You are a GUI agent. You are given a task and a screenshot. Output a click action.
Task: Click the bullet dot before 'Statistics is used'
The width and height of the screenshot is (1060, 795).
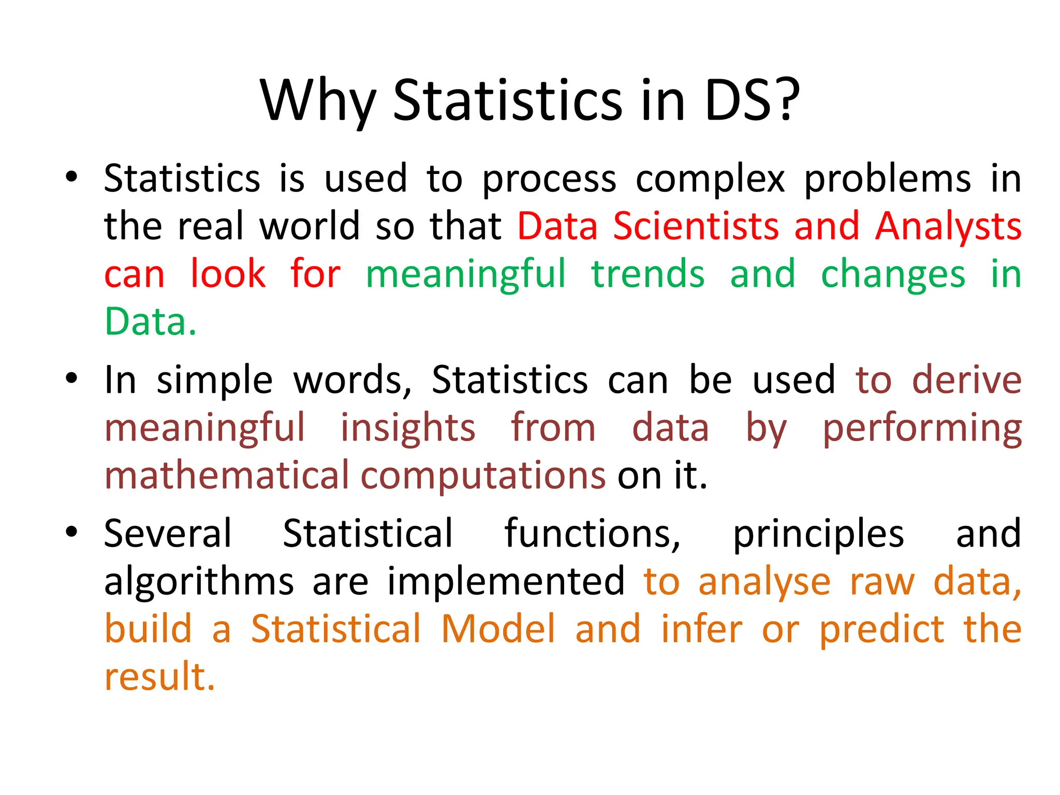71,177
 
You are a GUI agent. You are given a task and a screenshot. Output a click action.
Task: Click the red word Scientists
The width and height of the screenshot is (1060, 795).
696,226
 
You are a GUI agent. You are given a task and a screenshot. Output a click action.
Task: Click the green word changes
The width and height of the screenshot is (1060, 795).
893,275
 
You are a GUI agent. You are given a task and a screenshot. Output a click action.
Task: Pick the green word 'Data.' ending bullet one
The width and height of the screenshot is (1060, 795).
151,321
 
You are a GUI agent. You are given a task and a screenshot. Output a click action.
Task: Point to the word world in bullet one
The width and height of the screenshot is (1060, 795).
310,226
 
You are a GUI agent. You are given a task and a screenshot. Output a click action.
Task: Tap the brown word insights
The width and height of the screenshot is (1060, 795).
408,428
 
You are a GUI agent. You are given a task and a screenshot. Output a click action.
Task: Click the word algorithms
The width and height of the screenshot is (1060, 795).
199,582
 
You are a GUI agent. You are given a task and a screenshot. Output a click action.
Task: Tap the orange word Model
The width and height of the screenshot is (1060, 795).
498,629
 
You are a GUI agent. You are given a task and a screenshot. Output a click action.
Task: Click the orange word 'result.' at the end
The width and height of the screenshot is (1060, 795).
159,676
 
